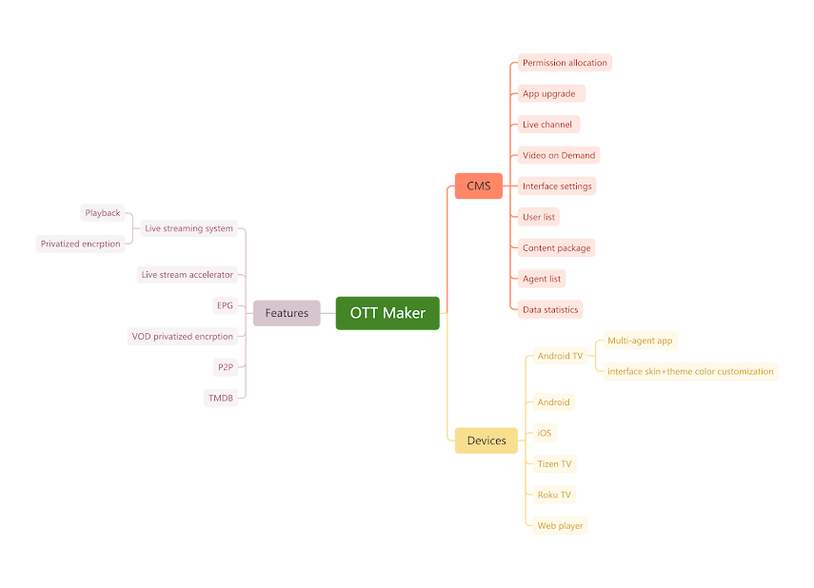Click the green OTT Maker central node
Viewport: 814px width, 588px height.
pyautogui.click(x=387, y=313)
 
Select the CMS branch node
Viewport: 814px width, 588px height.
pyautogui.click(x=478, y=186)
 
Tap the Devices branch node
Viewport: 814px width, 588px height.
pyautogui.click(x=486, y=441)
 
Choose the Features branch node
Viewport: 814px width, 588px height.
pyautogui.click(x=287, y=313)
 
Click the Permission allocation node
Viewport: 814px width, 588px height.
pyautogui.click(x=564, y=63)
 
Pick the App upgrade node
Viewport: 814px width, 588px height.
pyautogui.click(x=551, y=93)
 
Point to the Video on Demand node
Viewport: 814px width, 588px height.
pyautogui.click(x=559, y=155)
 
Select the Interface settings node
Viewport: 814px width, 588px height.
pyautogui.click(x=557, y=186)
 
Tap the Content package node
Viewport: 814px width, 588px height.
pyautogui.click(x=557, y=247)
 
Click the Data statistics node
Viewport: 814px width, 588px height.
pyautogui.click(x=549, y=309)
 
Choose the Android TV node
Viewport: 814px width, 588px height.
pyautogui.click(x=560, y=356)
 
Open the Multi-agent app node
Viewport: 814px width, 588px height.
pyautogui.click(x=641, y=340)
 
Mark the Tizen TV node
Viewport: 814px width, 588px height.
pyautogui.click(x=554, y=463)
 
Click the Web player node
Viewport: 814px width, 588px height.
pyautogui.click(x=560, y=525)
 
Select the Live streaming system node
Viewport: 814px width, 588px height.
pyautogui.click(x=189, y=228)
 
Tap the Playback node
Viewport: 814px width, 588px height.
pyautogui.click(x=103, y=213)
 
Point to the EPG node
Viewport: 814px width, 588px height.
pyautogui.click(x=225, y=305)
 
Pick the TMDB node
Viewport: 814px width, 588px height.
pyautogui.click(x=221, y=398)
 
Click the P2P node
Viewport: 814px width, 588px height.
pyautogui.click(x=224, y=366)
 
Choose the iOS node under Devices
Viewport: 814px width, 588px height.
pyautogui.click(x=544, y=433)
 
